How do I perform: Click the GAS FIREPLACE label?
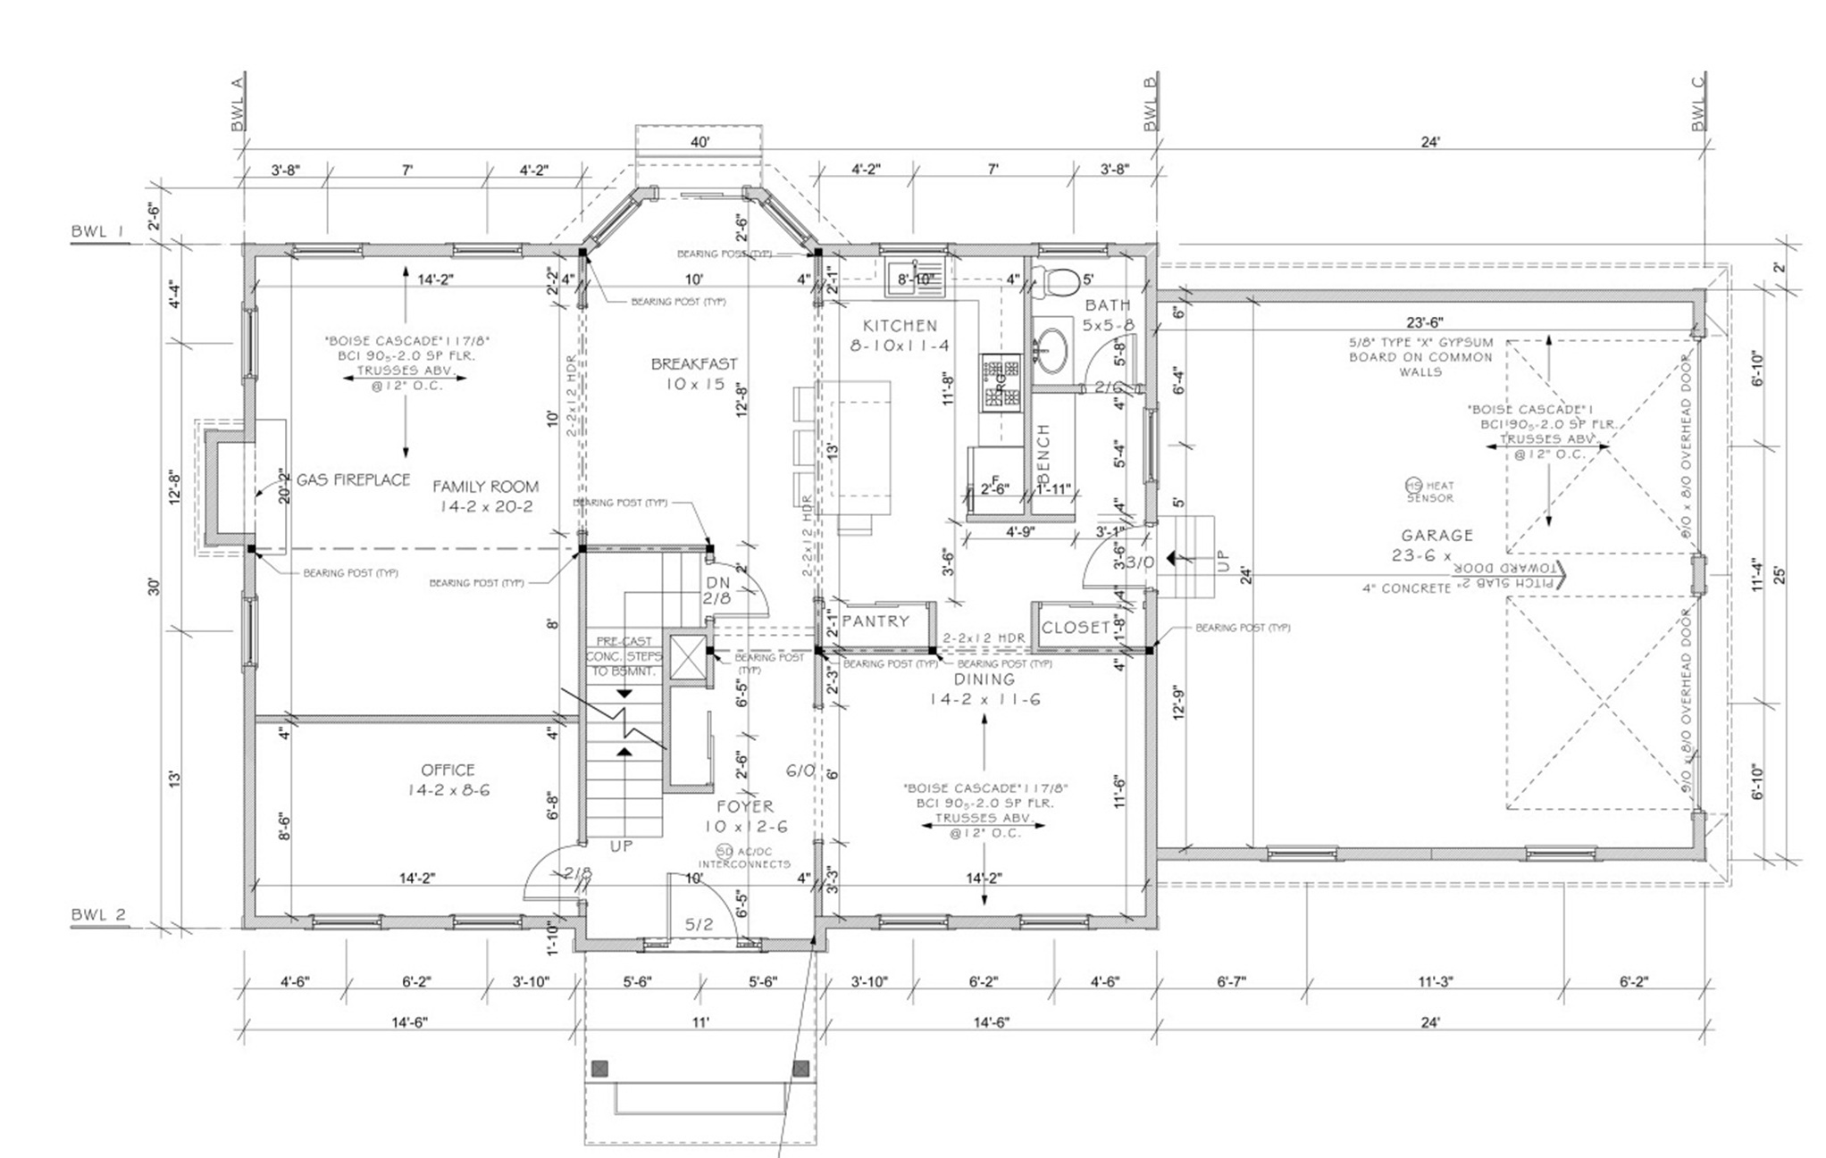point(353,479)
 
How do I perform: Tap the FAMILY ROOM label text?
point(485,487)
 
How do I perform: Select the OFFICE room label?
point(448,770)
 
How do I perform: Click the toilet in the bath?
point(1060,281)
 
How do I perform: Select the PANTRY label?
point(875,621)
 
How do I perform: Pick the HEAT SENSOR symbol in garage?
point(1413,485)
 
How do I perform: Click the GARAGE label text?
point(1436,535)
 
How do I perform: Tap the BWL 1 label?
point(98,232)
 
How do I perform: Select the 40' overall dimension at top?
point(699,143)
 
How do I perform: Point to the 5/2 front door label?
point(699,924)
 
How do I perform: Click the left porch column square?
point(599,1068)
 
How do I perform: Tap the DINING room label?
point(984,679)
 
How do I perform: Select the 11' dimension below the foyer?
point(699,1022)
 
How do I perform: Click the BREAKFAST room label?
point(694,364)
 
